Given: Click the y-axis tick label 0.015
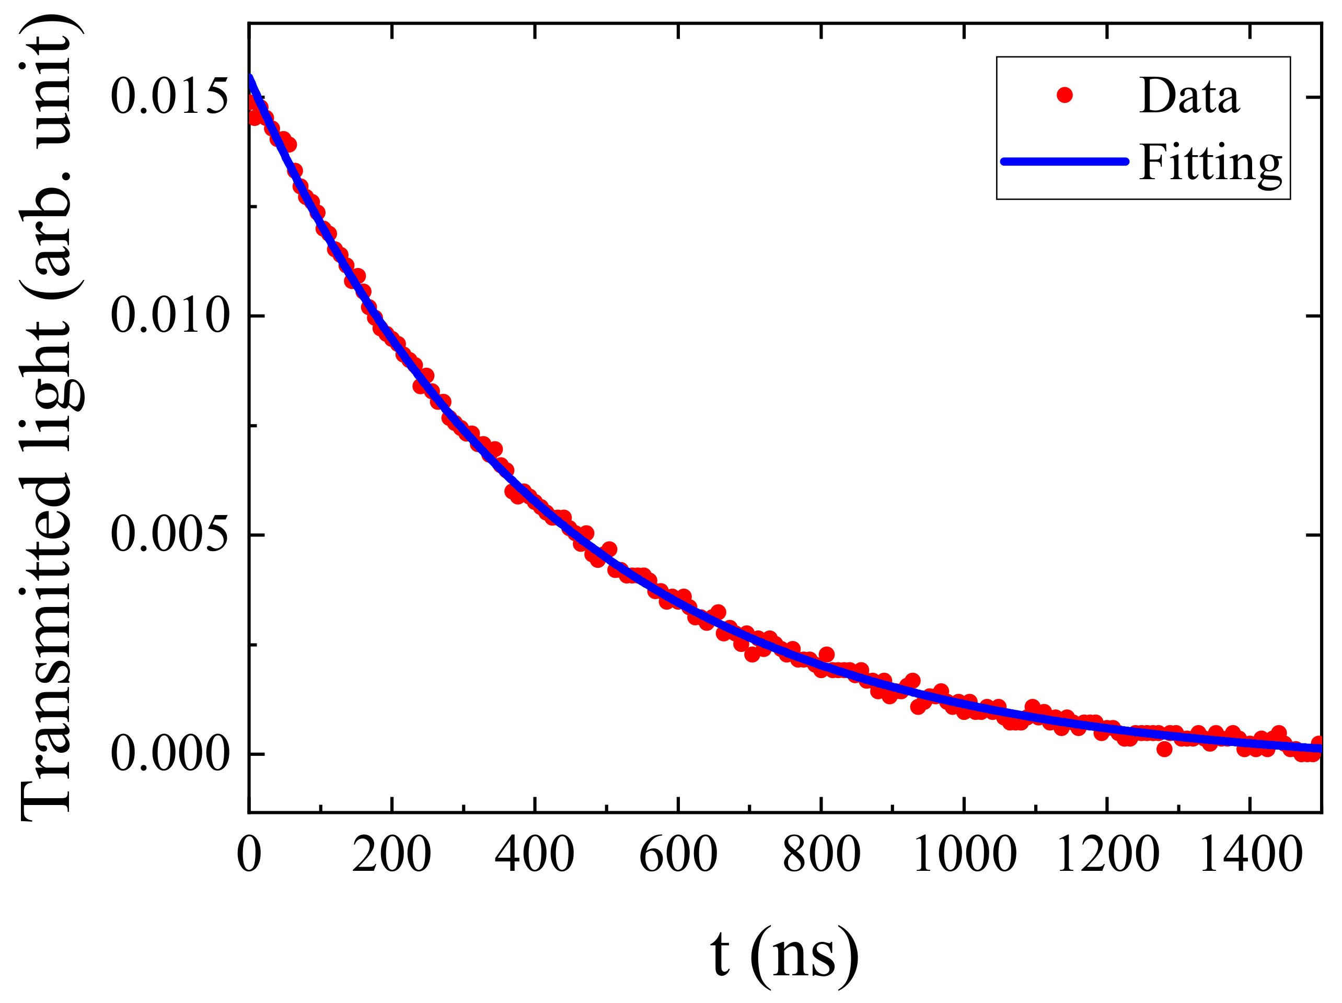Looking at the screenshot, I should [x=169, y=97].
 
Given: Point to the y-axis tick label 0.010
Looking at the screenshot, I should [x=169, y=316].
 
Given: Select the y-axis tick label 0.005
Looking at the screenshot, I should [x=169, y=535].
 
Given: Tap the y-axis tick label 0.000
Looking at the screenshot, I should [x=169, y=754].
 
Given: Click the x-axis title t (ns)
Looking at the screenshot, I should [x=784, y=954].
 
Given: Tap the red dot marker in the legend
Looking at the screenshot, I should [x=1065, y=95].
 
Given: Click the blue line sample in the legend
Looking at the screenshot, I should [x=1065, y=161].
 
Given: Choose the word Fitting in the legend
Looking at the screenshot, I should [x=1210, y=162].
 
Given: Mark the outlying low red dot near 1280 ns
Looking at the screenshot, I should [x=1164, y=749].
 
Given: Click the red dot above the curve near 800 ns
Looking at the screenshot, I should [x=826, y=655].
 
